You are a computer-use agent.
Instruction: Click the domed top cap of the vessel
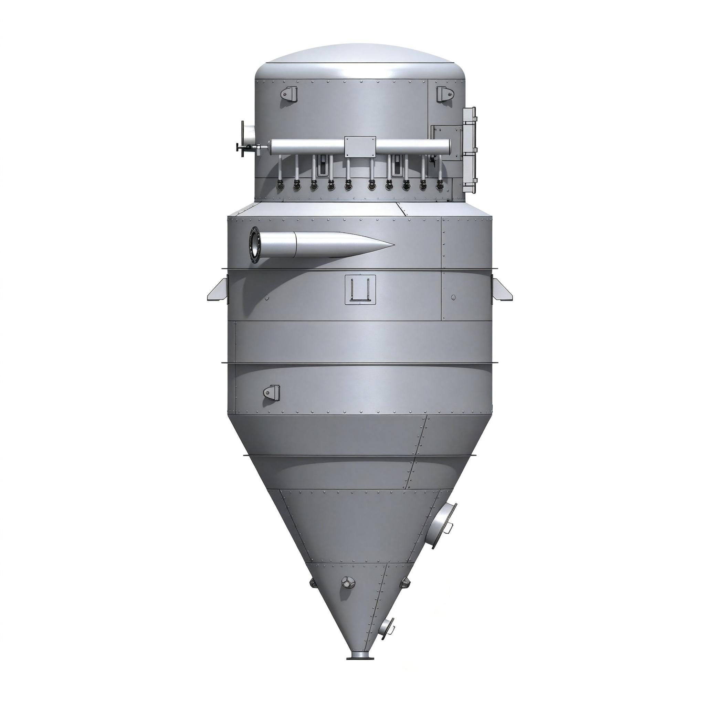360,59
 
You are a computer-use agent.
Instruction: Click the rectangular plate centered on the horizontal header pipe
360,147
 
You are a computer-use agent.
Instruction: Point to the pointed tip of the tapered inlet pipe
393,244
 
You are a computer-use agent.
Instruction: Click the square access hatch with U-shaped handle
360,290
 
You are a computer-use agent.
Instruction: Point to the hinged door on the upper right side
470,150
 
